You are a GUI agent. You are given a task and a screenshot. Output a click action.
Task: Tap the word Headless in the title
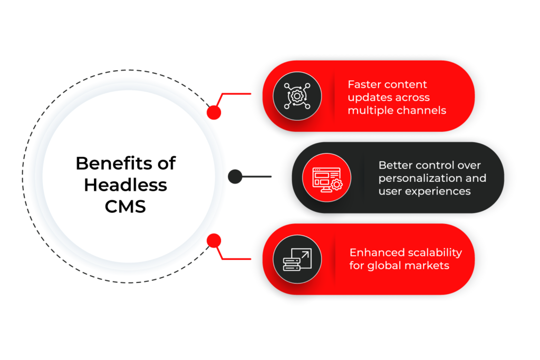(126, 185)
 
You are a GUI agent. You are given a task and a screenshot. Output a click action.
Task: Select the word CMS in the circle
(126, 207)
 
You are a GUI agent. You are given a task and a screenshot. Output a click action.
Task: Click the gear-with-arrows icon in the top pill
(297, 96)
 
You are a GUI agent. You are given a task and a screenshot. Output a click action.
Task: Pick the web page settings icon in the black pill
(326, 178)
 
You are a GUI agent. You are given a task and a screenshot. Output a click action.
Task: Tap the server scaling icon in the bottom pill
(297, 259)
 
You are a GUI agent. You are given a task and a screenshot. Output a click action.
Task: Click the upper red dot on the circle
(214, 112)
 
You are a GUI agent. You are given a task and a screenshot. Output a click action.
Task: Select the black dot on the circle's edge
(235, 177)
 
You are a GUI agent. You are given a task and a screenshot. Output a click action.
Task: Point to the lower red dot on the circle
(214, 241)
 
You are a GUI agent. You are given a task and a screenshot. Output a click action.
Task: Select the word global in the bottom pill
(388, 266)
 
